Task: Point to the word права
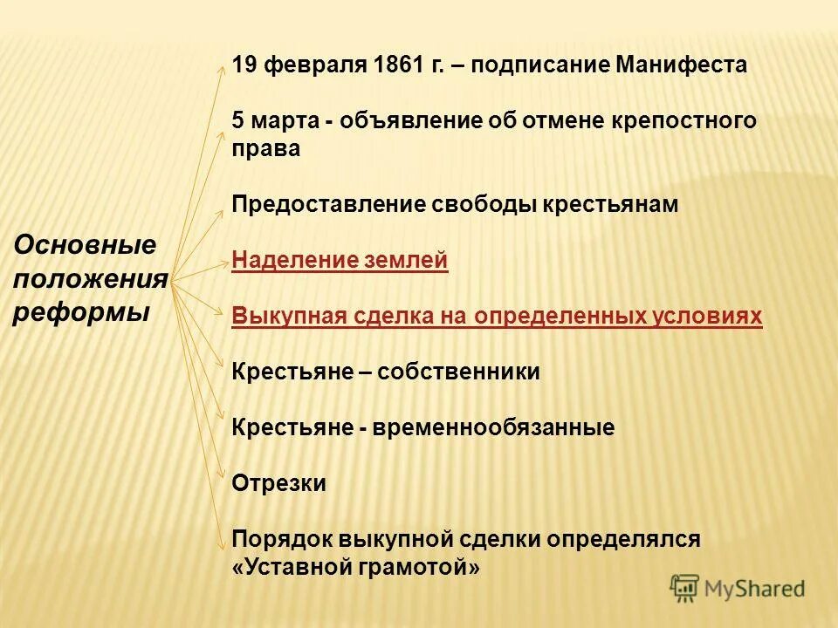[x=266, y=148]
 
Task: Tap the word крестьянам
[x=610, y=204]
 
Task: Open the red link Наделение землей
[x=340, y=260]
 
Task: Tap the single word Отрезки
[x=278, y=483]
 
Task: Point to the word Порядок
[x=278, y=539]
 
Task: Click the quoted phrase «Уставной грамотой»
[x=356, y=567]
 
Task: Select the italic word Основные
[x=85, y=245]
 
